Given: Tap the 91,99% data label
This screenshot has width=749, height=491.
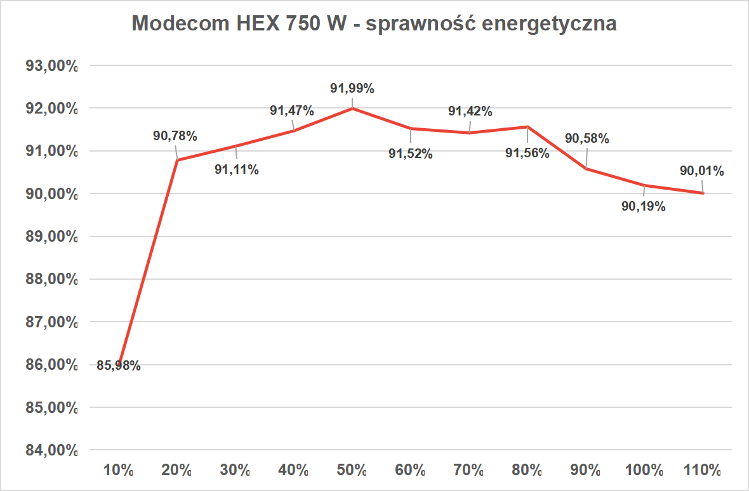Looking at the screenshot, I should (352, 89).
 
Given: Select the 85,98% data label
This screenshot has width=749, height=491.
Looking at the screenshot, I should (119, 365).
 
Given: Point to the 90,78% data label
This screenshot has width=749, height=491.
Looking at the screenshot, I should (175, 135).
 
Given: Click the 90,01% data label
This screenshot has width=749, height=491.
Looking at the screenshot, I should (701, 171).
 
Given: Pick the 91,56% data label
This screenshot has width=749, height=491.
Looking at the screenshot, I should (527, 152).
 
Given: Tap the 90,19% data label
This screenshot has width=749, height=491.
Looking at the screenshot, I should (644, 206).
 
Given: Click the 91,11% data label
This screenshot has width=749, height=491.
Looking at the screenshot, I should (236, 169).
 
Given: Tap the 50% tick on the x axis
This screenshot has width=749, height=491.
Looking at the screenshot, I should (352, 471).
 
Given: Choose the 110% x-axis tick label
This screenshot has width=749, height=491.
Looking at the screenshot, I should (702, 471).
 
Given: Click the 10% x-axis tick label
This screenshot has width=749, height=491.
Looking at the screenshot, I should (119, 471).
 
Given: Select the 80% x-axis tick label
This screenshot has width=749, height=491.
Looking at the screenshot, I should (527, 471).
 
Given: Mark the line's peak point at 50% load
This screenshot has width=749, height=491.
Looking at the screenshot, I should (352, 108).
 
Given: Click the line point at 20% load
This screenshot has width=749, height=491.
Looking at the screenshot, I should (177, 160).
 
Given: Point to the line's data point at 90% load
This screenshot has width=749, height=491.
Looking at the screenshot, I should (586, 169).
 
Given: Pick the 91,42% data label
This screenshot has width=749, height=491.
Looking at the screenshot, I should (470, 112).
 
